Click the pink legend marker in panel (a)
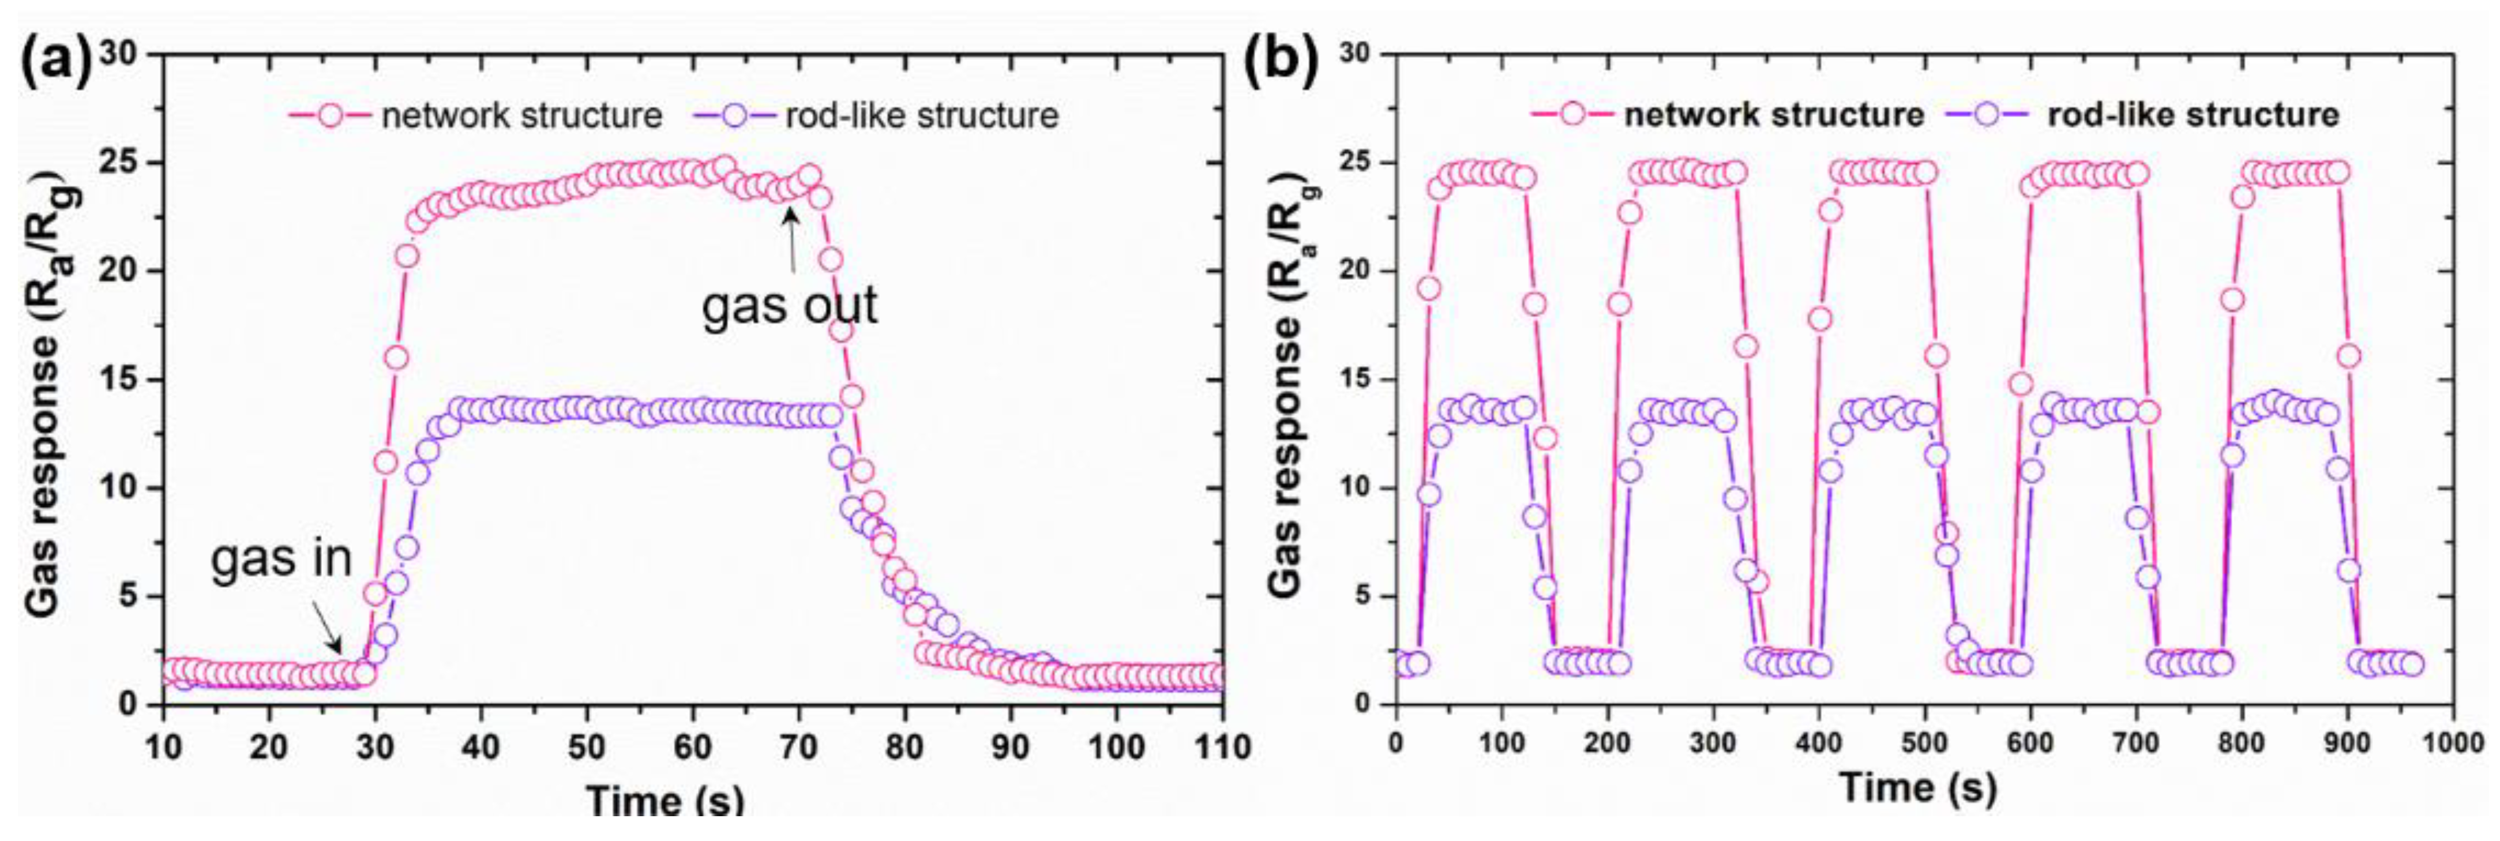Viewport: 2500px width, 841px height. point(330,115)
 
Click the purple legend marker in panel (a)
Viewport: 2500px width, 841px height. point(735,115)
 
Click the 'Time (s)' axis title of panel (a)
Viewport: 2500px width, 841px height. point(666,801)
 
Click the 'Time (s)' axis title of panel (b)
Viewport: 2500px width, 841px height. point(1918,788)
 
